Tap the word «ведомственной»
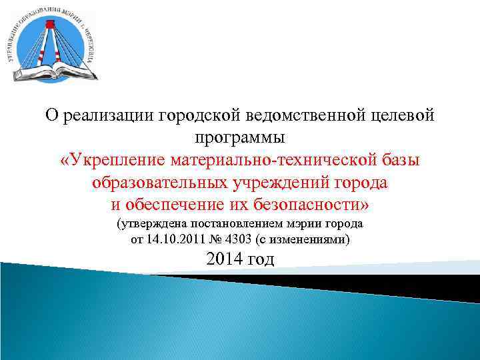293,116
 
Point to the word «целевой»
400,116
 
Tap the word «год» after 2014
261,260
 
